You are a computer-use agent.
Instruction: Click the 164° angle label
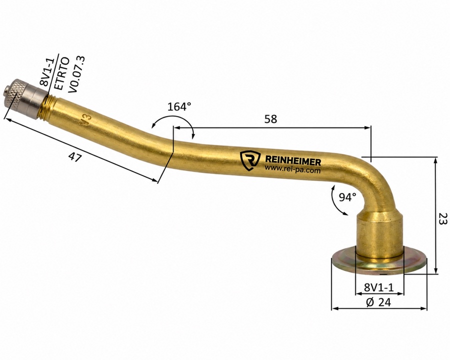(x=179, y=107)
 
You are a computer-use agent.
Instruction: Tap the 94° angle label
(x=347, y=197)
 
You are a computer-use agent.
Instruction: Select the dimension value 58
(x=270, y=119)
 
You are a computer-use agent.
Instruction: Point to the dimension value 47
(x=75, y=157)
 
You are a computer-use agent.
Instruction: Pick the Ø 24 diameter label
(x=378, y=301)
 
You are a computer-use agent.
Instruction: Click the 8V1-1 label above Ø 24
(x=379, y=287)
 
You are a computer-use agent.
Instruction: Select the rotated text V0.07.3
(x=76, y=74)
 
